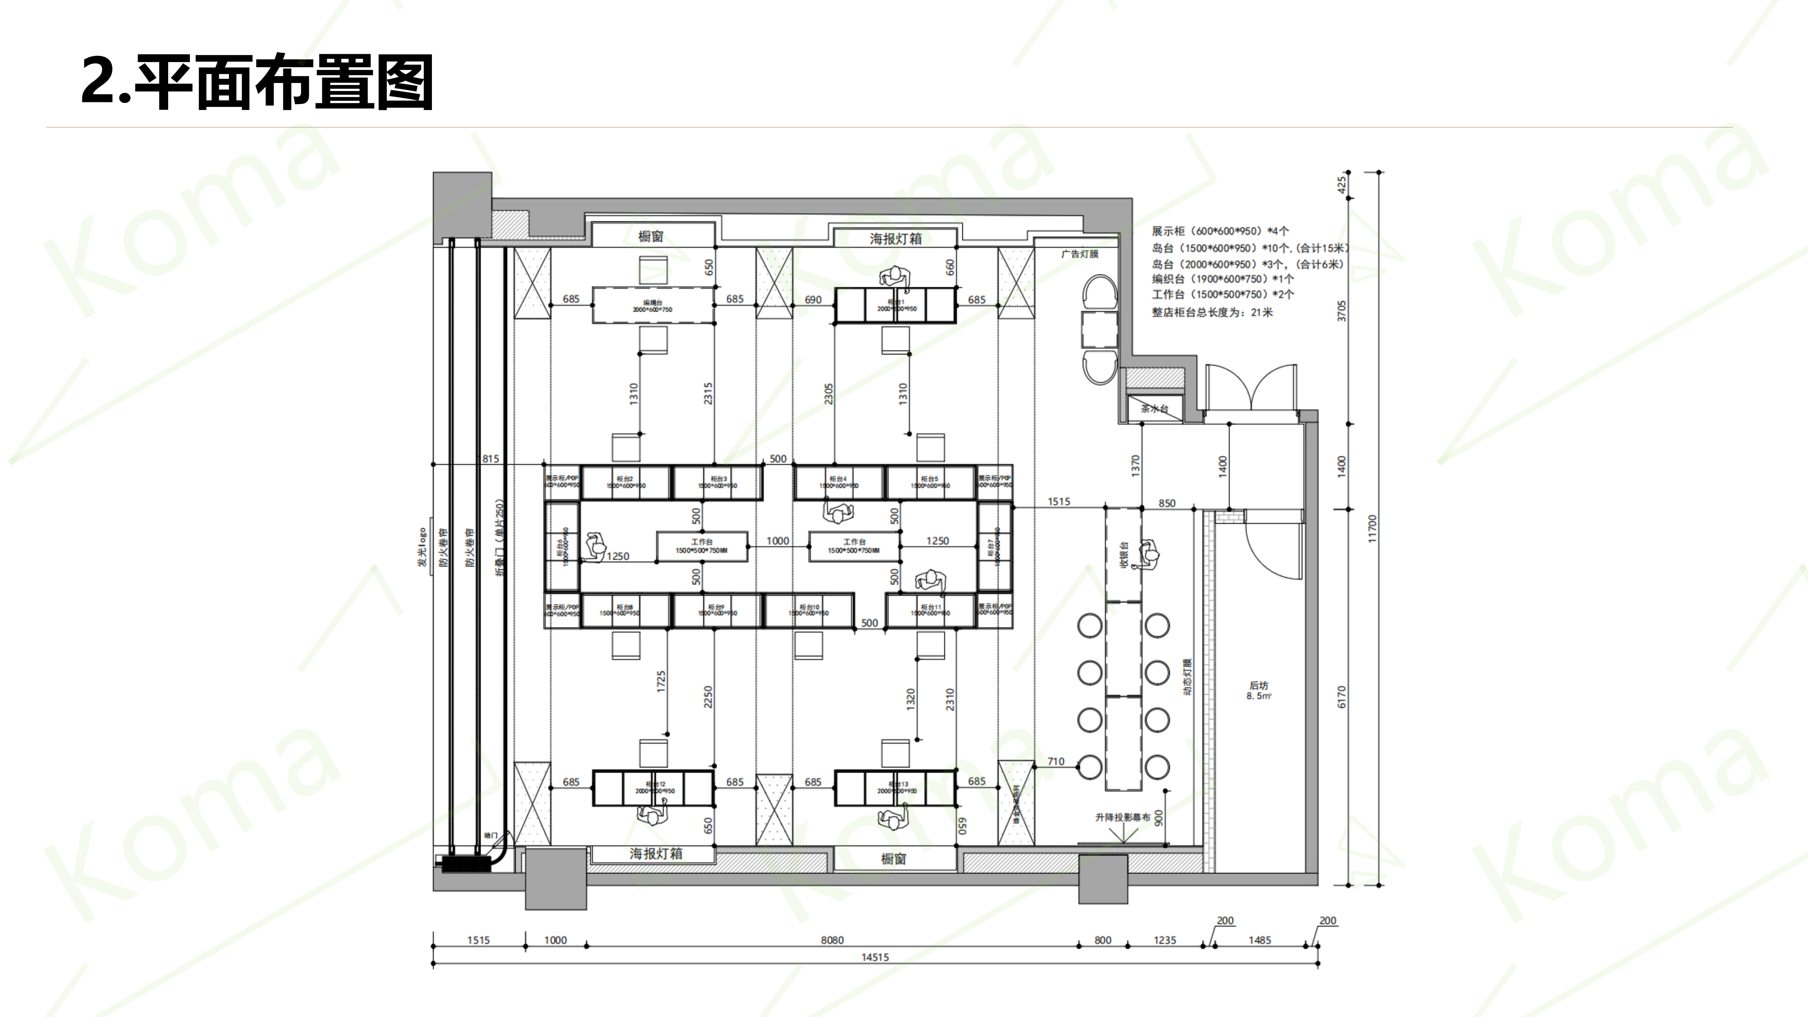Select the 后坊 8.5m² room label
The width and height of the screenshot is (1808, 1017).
click(1259, 690)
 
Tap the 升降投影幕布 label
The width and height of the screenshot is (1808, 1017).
click(1122, 817)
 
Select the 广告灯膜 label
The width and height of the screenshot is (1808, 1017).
click(1079, 254)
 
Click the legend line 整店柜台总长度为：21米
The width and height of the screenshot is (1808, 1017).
click(1212, 312)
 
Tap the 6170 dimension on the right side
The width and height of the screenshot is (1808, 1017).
click(1341, 697)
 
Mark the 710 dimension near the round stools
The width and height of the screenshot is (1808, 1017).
click(1056, 761)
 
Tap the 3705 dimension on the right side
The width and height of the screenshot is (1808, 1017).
click(1341, 311)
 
